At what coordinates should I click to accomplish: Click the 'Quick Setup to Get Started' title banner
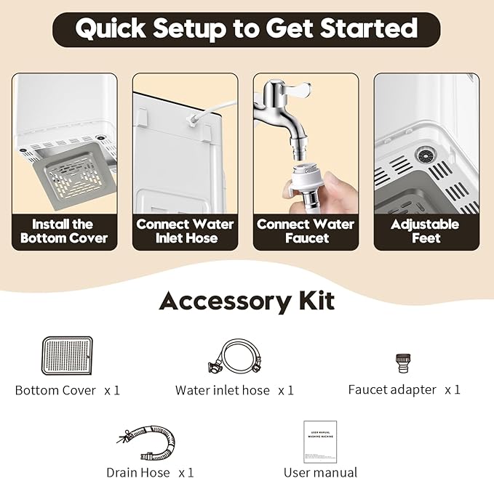246,29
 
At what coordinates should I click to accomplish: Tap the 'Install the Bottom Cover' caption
64,231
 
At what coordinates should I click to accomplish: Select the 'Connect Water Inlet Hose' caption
185,231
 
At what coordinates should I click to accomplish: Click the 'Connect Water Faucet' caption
306,231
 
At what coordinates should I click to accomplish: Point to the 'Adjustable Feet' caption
426,231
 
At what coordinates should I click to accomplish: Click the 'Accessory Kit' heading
247,300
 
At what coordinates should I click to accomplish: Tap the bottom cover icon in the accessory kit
67,356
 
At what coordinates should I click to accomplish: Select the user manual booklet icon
320,441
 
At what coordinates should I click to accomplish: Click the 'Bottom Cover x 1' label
67,391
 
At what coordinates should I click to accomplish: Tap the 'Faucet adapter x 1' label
404,390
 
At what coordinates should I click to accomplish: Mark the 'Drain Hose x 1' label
150,472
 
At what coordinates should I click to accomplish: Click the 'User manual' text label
320,472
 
